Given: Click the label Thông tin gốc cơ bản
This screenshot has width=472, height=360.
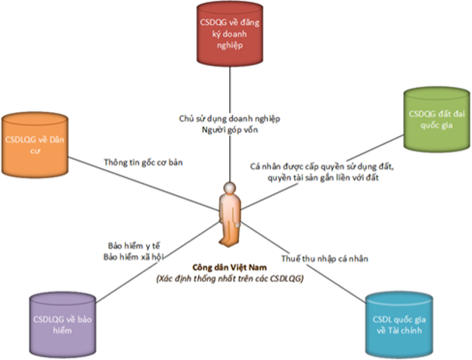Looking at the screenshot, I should pos(144,161).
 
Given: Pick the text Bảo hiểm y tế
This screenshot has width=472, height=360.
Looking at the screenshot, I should pos(137,245).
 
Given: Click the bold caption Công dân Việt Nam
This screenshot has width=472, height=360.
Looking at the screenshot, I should pos(229,268).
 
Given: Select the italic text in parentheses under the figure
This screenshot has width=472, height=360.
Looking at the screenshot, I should pos(229,279).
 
